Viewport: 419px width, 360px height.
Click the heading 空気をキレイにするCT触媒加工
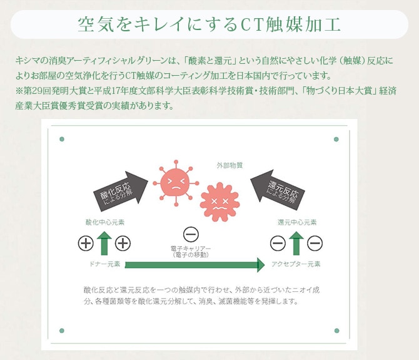pos(209,24)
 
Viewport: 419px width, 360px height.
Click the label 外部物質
pos(230,165)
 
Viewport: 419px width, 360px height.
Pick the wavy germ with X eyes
pos(220,201)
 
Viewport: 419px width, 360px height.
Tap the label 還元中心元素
pos(296,222)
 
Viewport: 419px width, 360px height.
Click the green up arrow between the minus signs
pos(296,243)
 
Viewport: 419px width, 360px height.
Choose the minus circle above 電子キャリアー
pos(191,235)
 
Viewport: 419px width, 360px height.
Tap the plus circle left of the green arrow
pos(86,244)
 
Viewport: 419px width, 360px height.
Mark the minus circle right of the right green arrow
pos(315,244)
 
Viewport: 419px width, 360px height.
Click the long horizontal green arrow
pos(194,265)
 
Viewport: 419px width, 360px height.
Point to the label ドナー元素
pos(104,264)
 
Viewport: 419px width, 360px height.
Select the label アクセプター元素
pos(296,264)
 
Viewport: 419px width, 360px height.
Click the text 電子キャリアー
pos(191,249)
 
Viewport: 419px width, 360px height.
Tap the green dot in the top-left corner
pos(61,138)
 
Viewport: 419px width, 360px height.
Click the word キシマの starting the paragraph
pos(28,60)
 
